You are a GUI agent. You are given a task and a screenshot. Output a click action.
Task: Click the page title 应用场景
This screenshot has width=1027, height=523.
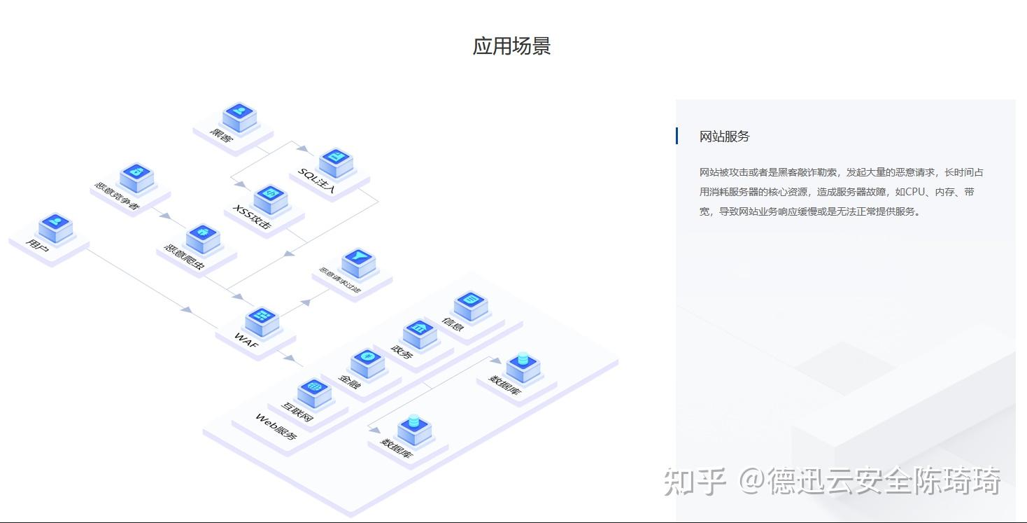point(512,46)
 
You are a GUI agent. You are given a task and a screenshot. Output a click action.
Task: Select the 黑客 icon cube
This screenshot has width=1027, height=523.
point(240,116)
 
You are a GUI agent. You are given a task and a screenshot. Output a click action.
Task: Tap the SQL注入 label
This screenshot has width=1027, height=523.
point(317,181)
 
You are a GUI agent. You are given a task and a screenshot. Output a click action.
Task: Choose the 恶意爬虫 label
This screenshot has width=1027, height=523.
point(184,259)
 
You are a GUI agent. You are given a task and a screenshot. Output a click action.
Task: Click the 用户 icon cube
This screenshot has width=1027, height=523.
point(56,227)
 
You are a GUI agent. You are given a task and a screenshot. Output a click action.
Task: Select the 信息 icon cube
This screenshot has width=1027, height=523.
point(471,305)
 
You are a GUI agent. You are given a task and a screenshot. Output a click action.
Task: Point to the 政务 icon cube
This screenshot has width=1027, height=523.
point(420,333)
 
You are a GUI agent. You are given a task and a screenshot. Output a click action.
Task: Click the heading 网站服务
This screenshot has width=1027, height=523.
point(724,137)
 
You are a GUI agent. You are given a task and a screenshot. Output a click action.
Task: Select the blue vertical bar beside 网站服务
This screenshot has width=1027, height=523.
point(677,136)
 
